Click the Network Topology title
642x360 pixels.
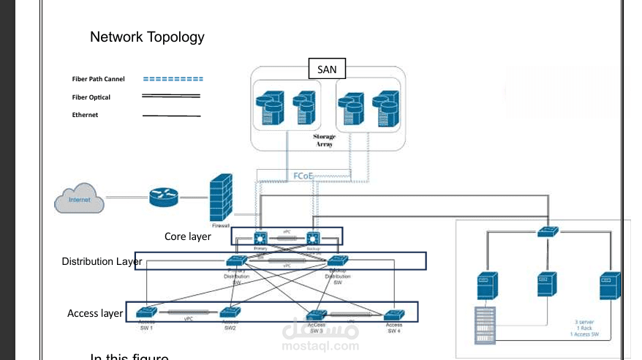(147, 37)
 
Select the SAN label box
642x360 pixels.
(327, 70)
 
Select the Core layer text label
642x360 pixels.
(187, 236)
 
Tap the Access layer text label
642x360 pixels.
(95, 313)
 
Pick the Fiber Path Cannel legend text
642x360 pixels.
(98, 78)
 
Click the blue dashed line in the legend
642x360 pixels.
(173, 78)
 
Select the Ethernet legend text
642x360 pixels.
(85, 115)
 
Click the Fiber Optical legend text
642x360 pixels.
(91, 97)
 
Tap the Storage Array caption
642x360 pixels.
(324, 140)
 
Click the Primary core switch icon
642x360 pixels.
(260, 238)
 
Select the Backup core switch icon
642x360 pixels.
(314, 238)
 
